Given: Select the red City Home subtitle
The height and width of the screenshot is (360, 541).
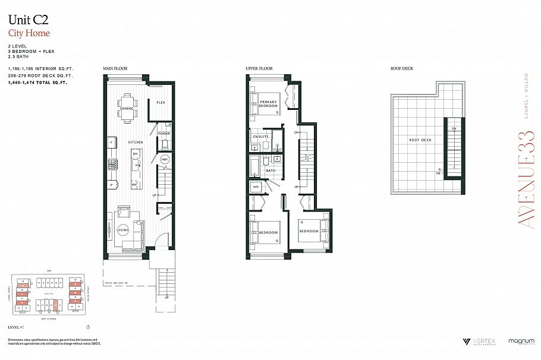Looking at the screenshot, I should [29, 33].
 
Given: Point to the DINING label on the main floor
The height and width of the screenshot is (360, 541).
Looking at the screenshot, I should [127, 109].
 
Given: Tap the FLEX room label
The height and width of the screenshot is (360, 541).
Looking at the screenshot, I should [161, 103].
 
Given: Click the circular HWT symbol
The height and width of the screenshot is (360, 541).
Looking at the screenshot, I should [165, 159].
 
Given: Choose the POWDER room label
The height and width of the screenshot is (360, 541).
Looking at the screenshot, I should [164, 134].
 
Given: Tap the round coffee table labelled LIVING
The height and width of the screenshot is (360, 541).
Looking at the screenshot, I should [124, 229].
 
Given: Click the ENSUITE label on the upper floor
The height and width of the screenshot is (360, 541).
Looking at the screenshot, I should [260, 137].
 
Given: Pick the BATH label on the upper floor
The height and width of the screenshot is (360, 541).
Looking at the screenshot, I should [270, 171].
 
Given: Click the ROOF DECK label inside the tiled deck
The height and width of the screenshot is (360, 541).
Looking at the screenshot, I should [420, 140].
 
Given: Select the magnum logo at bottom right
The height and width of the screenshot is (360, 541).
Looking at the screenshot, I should [521, 342].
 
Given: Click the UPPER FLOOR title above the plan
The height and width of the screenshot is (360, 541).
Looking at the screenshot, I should [259, 69].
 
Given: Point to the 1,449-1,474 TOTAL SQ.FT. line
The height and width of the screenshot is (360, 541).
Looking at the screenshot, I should [38, 83].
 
